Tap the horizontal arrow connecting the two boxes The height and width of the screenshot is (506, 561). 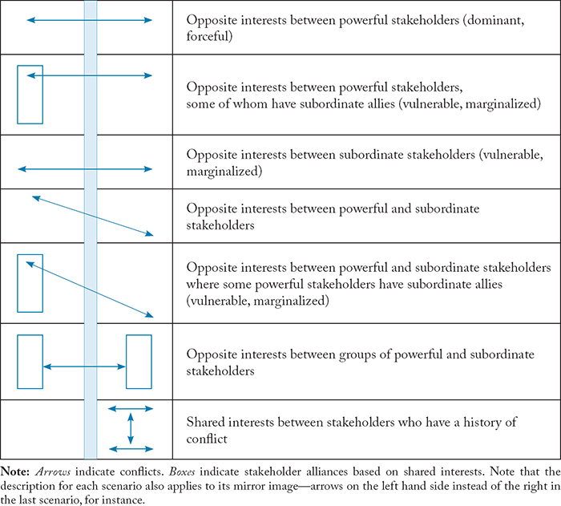pos(84,366)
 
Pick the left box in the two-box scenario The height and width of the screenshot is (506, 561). pos(30,362)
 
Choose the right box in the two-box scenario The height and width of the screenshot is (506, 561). pos(139,362)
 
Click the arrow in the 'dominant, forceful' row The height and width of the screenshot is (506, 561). pos(89,20)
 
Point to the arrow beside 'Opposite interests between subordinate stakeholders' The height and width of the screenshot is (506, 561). pos(84,169)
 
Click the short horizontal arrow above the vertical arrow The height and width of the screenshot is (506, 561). pos(131,408)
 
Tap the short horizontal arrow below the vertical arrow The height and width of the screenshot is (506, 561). pos(131,447)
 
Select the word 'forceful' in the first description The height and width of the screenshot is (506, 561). pos(210,36)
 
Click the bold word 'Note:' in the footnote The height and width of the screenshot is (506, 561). pos(17,468)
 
